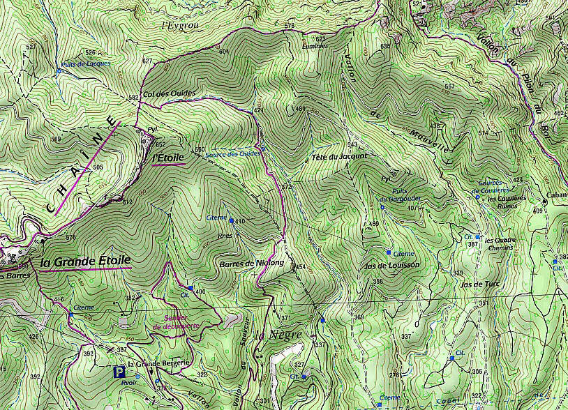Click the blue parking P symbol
[x=119, y=372]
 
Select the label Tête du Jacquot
[x=339, y=156]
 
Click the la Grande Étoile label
[x=85, y=262]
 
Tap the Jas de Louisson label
[x=391, y=266]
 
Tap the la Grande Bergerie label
[x=149, y=363]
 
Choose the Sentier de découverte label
[x=176, y=322]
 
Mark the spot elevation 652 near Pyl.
[x=160, y=144]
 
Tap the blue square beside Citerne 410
[x=231, y=221]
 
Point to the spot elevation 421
[x=258, y=111]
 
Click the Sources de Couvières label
[x=491, y=186]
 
